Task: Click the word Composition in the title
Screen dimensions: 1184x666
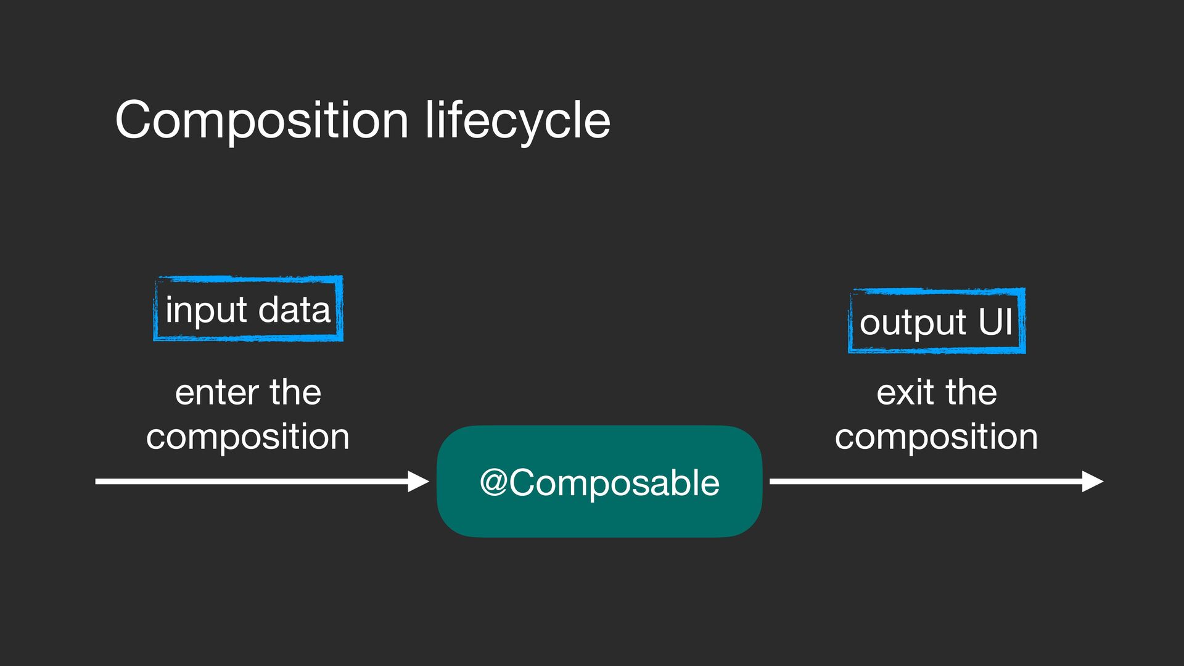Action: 261,120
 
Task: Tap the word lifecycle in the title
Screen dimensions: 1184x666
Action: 518,120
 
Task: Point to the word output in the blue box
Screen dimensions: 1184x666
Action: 913,323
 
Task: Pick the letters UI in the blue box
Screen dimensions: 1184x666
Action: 995,321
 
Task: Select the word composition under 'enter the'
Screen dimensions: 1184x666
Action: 248,437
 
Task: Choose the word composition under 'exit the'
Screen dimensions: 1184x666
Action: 936,437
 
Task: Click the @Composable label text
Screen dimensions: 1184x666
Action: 599,482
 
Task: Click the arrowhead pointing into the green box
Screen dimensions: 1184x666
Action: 419,481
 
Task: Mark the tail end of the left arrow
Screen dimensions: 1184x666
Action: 97,481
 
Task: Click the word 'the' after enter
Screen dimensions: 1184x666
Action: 295,392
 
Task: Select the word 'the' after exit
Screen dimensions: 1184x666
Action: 971,392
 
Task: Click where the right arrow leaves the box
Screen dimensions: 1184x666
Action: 772,481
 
